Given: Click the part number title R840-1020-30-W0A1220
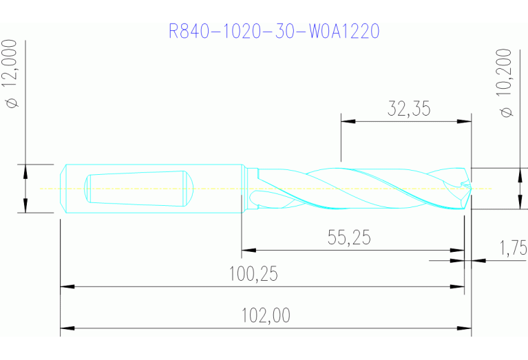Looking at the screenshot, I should [x=274, y=32].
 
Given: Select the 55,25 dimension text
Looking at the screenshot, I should [x=348, y=237].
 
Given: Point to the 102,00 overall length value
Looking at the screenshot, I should [x=266, y=316].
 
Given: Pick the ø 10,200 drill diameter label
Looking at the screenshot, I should [x=508, y=83].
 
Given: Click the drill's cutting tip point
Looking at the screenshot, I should [x=470, y=187].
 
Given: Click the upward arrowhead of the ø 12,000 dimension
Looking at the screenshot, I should [x=25, y=170].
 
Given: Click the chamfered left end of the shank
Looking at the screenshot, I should [x=63, y=189].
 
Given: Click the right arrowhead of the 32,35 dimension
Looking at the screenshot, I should [x=466, y=122].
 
